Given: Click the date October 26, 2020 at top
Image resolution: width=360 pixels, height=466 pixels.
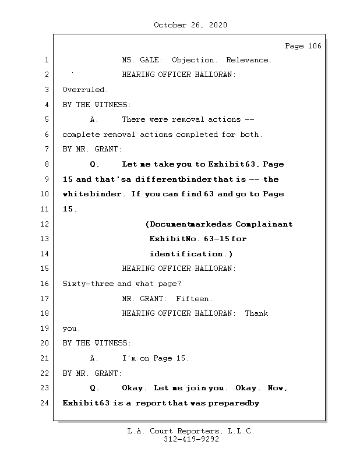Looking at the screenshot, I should coord(190,25).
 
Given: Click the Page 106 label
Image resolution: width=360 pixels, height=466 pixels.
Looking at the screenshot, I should coord(302,46).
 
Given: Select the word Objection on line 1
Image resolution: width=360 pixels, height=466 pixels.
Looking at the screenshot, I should coord(194,60).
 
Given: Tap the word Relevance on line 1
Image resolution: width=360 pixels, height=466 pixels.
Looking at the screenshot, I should coord(248,60).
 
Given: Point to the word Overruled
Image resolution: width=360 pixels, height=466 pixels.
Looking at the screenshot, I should coord(85,90).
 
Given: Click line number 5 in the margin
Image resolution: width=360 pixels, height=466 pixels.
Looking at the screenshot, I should coord(46,119).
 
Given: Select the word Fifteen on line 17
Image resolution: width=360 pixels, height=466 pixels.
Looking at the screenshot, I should coord(194,299).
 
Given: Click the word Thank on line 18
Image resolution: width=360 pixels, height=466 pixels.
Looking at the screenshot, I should coord(256,313).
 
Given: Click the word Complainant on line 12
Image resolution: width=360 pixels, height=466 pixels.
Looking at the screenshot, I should coord(264,224).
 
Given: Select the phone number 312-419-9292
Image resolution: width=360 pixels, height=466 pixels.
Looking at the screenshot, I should coord(191,440).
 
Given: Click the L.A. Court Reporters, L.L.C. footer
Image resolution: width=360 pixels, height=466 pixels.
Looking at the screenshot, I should coord(191,431).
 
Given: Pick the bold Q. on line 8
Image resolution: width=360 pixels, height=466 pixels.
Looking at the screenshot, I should coord(95,164).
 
